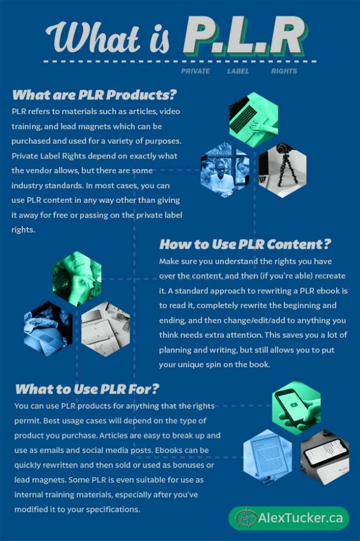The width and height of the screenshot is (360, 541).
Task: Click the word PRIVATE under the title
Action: (x=195, y=71)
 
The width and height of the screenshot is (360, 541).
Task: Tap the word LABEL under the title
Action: (x=238, y=71)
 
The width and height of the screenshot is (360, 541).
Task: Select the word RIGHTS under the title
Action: (x=284, y=71)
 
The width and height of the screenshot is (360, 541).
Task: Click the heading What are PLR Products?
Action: (x=94, y=95)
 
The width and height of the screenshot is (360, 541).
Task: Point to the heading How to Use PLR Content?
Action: (x=245, y=244)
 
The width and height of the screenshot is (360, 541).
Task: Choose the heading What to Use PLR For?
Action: (x=87, y=389)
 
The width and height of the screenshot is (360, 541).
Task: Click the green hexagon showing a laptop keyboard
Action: (x=253, y=120)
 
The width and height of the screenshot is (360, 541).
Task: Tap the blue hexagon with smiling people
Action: (x=224, y=170)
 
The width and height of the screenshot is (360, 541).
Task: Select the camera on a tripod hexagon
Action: (x=282, y=170)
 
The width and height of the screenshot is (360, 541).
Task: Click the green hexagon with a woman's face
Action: (x=77, y=278)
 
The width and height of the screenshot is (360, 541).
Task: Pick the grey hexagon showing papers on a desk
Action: (x=106, y=329)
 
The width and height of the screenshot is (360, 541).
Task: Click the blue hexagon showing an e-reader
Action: (x=268, y=455)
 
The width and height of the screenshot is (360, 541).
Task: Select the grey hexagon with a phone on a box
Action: (x=325, y=455)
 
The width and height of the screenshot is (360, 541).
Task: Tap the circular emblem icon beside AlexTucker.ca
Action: (x=244, y=518)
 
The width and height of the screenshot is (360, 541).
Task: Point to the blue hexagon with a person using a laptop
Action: (x=48, y=329)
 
